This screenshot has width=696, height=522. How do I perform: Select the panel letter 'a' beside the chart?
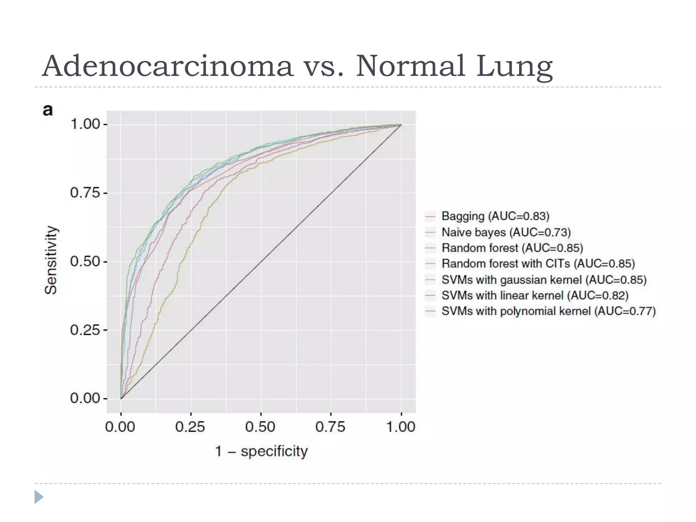[48, 110]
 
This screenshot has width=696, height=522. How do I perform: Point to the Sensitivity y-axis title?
[51, 260]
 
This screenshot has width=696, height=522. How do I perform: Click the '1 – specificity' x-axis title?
[261, 451]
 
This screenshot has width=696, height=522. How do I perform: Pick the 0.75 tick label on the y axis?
[85, 193]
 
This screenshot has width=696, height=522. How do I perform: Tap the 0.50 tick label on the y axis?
[85, 262]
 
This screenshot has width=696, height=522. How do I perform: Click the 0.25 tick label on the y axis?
[85, 330]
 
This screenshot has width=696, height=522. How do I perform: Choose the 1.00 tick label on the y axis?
[85, 124]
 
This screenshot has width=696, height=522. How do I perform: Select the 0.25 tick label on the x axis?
[190, 427]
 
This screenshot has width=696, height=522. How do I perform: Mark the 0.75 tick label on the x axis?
[330, 427]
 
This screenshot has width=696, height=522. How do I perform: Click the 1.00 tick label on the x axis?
[401, 427]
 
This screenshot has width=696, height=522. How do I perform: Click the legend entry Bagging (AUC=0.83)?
[495, 216]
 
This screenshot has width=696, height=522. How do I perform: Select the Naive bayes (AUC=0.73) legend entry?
[506, 232]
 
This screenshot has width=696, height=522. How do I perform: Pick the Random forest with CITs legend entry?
[538, 264]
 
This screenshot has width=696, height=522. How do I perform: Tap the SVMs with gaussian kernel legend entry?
[544, 280]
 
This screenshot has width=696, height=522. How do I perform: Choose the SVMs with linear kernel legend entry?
[535, 296]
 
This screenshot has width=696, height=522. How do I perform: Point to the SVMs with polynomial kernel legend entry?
[548, 311]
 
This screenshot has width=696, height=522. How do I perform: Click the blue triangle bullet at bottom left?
[39, 497]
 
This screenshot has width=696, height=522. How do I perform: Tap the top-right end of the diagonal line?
[401, 125]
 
